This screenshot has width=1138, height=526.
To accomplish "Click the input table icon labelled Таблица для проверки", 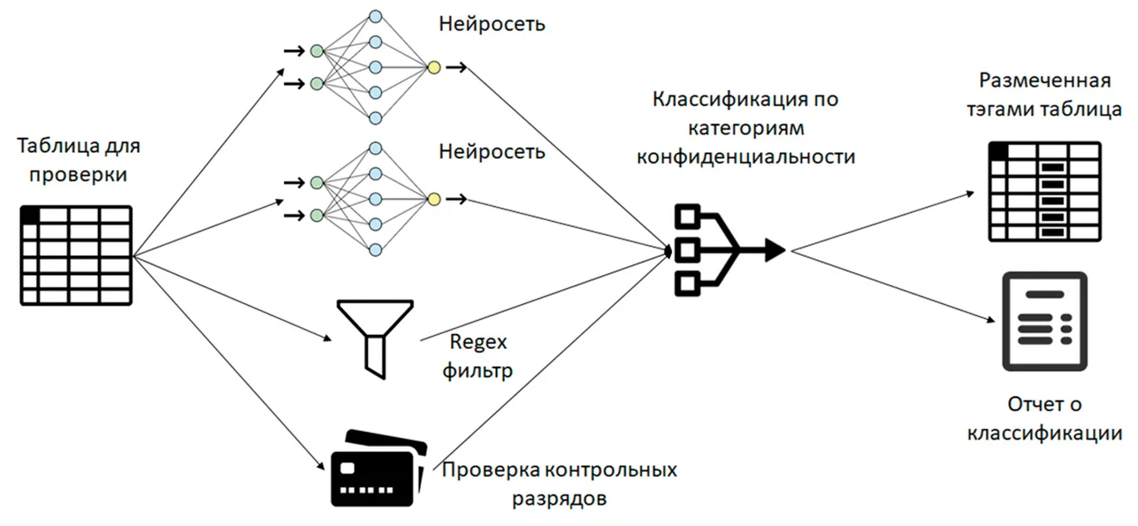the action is (76, 255).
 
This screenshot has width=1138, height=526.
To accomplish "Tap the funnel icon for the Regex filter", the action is (375, 339).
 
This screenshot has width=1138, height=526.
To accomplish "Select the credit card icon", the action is (379, 469).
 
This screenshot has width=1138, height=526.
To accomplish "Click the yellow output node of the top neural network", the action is (434, 67).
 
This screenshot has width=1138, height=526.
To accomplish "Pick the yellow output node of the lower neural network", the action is (434, 199).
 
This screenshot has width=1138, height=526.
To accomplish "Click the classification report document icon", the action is (1044, 322).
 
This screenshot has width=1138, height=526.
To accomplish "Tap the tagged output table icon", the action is (1044, 192).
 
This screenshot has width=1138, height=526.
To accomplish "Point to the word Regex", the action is (478, 342).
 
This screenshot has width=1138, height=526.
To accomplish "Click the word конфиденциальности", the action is (746, 156).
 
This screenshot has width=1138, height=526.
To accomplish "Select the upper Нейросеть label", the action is (492, 24).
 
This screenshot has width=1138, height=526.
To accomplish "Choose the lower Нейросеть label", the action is (492, 151).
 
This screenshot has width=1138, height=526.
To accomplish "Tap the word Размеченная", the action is (1045, 81).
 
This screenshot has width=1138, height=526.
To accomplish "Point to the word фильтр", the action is (478, 371).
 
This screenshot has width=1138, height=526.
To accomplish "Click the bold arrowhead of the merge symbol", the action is (775, 249).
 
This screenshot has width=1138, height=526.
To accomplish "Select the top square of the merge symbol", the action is (688, 217).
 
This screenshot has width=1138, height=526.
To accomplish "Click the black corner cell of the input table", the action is (30, 215).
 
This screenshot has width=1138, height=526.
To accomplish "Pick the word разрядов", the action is (559, 499).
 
